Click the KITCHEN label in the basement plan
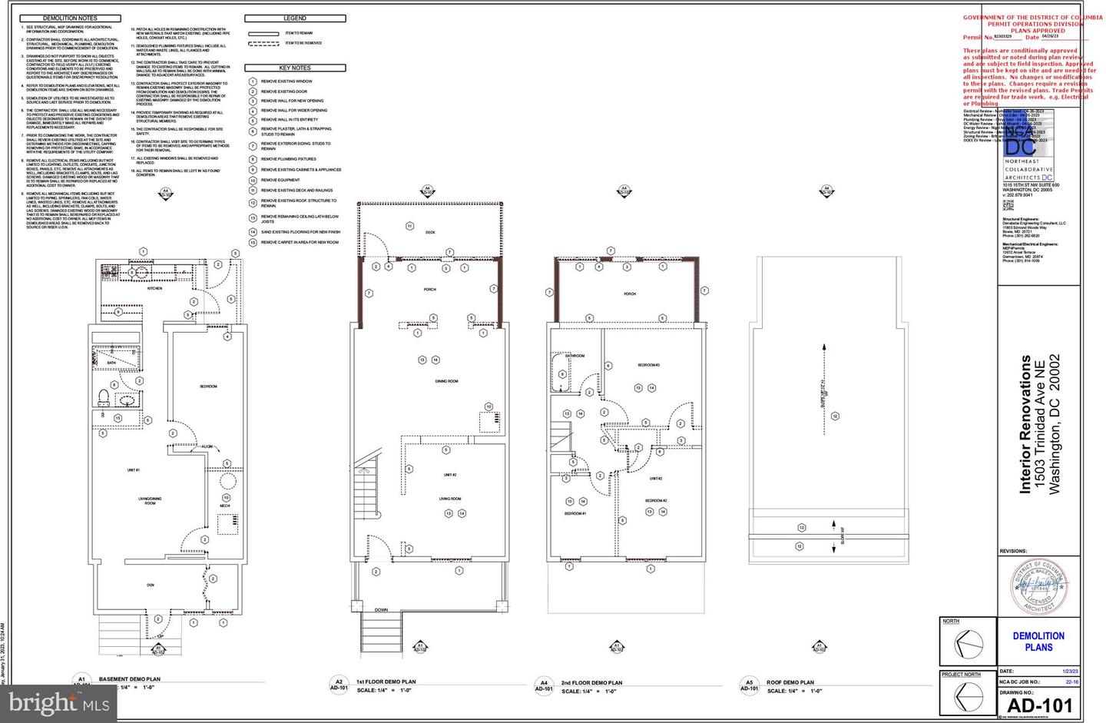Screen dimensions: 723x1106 point(154,288)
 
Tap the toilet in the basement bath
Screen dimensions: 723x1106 point(104,396)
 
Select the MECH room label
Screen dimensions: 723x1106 point(225,506)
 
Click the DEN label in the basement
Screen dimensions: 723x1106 point(151,585)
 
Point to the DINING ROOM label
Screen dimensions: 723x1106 point(447,381)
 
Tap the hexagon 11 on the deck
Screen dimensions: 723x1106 point(410,226)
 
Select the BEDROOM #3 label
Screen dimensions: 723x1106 point(649,365)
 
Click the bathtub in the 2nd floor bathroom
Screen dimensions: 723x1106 point(558,373)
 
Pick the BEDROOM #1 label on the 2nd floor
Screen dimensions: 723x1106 point(575,513)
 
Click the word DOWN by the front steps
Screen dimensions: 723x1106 point(381,610)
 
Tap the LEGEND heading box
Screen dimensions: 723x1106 point(295,18)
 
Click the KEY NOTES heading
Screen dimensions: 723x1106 point(295,68)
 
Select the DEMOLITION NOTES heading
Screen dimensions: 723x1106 point(70,18)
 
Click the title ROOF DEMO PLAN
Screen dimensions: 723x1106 point(790,682)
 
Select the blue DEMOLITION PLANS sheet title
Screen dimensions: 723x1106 point(1038,642)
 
